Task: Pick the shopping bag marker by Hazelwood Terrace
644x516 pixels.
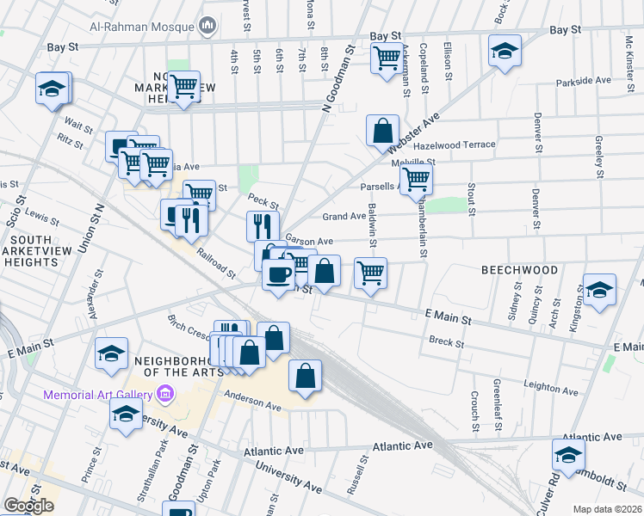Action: pyautogui.click(x=382, y=132)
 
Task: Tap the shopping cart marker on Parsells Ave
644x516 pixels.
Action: pyautogui.click(x=416, y=179)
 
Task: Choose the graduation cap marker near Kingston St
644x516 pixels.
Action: pyautogui.click(x=599, y=291)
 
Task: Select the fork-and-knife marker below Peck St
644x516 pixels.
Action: pyautogui.click(x=263, y=226)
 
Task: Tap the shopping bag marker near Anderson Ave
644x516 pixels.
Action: pyautogui.click(x=306, y=376)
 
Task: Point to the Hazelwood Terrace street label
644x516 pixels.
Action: pyautogui.click(x=455, y=145)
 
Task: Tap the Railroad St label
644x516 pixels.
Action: pyautogui.click(x=214, y=262)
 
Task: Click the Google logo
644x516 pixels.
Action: pyautogui.click(x=28, y=506)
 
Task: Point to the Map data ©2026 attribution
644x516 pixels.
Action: pyautogui.click(x=607, y=509)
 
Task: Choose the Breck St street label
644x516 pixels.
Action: pyautogui.click(x=446, y=343)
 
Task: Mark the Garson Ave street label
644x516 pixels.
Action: pyautogui.click(x=308, y=242)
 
